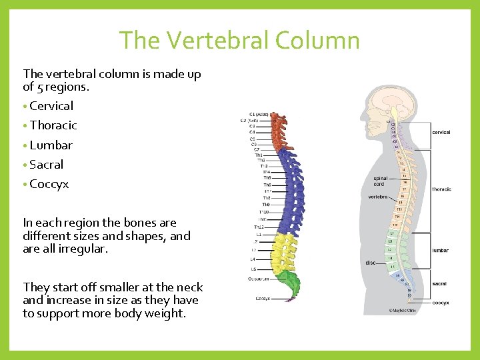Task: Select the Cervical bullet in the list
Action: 51,106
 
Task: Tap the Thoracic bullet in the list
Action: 53,125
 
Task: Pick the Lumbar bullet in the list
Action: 51,145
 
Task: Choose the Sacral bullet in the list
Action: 47,165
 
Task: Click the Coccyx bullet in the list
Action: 49,184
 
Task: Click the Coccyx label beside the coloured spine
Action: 263,298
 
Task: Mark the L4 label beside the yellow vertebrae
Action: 253,259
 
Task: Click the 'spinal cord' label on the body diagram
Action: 381,181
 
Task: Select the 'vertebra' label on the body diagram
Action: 378,197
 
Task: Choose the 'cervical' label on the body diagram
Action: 441,133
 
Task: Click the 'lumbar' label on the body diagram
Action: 440,251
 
